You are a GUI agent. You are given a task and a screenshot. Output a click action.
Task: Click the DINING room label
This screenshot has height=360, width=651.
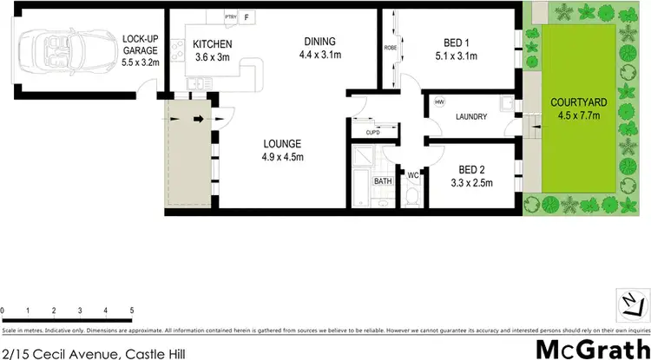tap(319, 41)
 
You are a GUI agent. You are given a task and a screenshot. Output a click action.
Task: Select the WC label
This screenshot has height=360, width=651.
tap(413, 175)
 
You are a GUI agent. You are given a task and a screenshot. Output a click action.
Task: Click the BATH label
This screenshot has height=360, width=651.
tap(383, 181)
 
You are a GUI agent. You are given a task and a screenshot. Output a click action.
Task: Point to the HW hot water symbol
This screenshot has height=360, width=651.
tap(439, 101)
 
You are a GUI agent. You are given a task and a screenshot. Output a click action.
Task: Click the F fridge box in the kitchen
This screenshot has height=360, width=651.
tap(247, 16)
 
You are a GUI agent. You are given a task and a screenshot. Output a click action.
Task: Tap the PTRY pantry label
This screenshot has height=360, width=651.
tap(231, 16)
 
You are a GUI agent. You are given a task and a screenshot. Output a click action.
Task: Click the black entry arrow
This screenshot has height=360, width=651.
tap(198, 119)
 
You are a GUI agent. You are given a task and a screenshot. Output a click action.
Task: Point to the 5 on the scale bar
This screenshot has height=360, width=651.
tap(131, 310)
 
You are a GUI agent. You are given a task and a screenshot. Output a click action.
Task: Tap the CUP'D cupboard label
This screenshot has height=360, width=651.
tap(372, 133)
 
